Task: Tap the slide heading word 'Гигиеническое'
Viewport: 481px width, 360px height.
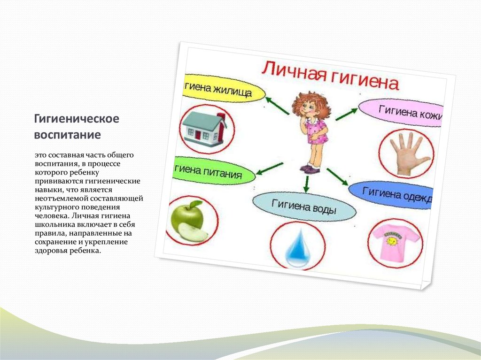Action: coord(76,119)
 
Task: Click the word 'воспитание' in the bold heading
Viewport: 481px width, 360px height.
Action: coord(67,135)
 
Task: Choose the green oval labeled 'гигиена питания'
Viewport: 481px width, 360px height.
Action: coord(214,173)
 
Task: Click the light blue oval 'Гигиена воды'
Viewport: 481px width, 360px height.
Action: coord(304,206)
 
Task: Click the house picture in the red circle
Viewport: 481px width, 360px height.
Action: coord(203,128)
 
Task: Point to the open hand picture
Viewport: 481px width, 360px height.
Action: coord(406,153)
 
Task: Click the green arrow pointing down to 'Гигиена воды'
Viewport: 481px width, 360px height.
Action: coord(306,184)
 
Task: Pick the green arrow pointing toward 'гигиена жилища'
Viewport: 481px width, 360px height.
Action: coord(277,105)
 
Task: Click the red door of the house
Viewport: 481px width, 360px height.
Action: coord(198,135)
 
